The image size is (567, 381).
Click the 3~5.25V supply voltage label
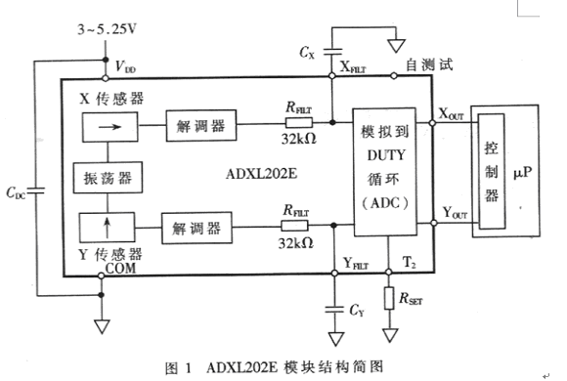pos(107,29)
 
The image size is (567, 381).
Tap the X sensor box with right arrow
pos(109,127)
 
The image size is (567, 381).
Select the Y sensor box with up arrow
pos(107,228)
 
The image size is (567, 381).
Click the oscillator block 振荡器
pos(108,178)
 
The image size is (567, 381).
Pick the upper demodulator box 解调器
pos(201,125)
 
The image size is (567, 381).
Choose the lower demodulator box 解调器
pos(196,228)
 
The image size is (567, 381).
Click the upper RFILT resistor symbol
pos(299,123)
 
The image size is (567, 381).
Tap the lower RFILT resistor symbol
pos(294,226)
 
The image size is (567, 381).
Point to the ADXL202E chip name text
pos(261,174)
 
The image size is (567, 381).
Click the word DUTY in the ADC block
pos(386,155)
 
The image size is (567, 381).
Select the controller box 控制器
pos(492,171)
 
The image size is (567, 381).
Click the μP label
pos(523,173)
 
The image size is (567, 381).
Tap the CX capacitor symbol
pos(332,52)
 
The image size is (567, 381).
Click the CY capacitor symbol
pos(334,310)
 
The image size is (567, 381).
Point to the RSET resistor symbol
pos(389,298)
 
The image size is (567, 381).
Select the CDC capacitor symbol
pos(36,190)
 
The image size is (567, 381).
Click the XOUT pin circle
pos(432,123)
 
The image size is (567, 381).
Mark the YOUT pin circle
pos(434,223)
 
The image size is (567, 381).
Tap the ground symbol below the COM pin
pos(102,326)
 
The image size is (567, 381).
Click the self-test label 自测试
pos(429,64)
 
